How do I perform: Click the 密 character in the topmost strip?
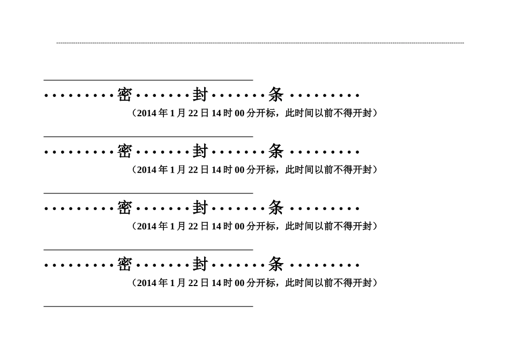pos(124,95)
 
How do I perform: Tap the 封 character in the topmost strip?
pos(200,95)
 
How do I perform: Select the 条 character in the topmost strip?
pos(276,95)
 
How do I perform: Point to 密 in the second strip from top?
pos(124,152)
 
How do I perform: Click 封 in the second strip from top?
pos(200,152)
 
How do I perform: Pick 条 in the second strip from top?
pos(276,152)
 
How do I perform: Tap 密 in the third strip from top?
pos(124,208)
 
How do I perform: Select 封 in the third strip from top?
pos(200,208)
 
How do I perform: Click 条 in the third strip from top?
pos(276,208)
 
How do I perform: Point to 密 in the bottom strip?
pos(124,265)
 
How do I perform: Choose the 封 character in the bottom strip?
pos(200,265)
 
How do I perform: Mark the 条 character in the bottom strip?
pos(276,265)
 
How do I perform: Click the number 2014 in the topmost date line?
pos(147,113)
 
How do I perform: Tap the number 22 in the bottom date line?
pos(193,283)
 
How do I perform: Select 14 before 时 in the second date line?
pos(216,170)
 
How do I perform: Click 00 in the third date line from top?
pos(239,226)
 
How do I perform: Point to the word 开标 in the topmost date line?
pos(266,113)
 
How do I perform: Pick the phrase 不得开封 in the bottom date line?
pos(353,283)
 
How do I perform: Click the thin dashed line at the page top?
pos(260,43)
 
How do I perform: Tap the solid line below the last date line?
pos(148,306)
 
